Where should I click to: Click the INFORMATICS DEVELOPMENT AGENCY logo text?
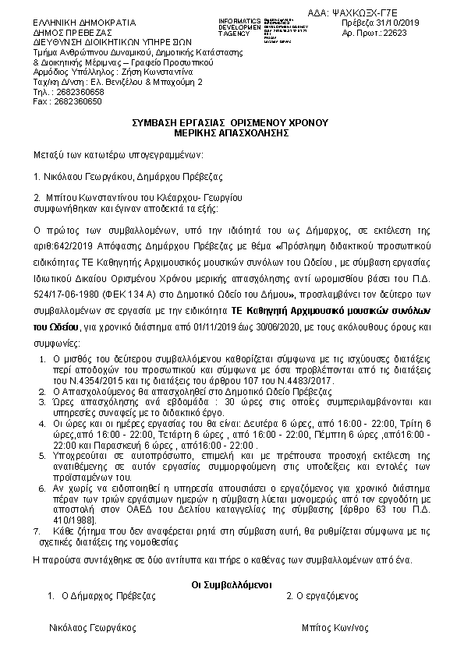pyautogui.click(x=239, y=25)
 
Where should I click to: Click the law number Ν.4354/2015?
pyautogui.click(x=82, y=379)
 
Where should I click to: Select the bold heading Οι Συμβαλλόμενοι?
pyautogui.click(x=231, y=584)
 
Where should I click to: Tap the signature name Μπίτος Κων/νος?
pyautogui.click(x=335, y=627)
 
